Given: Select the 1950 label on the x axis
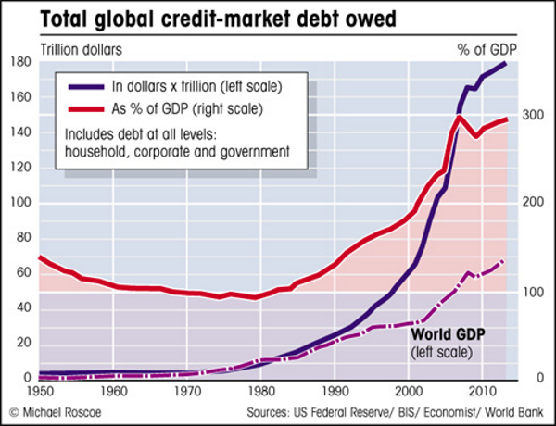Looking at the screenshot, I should click(x=40, y=391).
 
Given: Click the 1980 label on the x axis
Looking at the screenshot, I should click(x=260, y=391).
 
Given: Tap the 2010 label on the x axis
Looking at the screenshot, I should click(x=482, y=391).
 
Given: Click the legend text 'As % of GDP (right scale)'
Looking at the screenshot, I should click(x=189, y=108).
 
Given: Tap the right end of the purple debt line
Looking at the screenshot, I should click(x=505, y=63).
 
